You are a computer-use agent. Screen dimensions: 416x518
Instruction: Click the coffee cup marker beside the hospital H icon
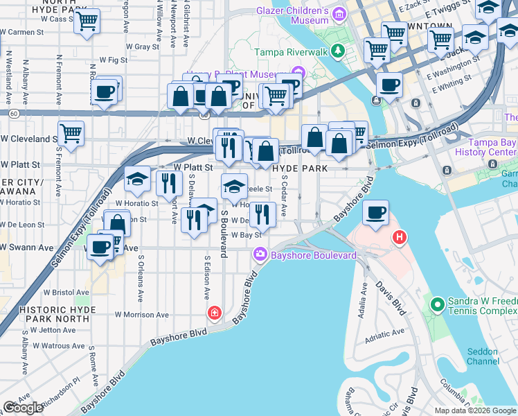point(375,214)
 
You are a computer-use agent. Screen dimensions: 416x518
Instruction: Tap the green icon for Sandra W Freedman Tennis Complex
point(437,304)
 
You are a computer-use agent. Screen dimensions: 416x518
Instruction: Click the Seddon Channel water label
point(482,356)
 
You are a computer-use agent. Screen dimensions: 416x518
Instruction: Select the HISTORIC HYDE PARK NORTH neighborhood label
point(54,313)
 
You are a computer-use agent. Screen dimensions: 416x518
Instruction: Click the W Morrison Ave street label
point(143,314)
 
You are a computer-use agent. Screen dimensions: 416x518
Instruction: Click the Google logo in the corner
point(23,408)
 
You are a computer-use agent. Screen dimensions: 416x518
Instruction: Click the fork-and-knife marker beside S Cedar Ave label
point(261,215)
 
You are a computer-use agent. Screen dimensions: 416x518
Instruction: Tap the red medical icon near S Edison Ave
point(215,314)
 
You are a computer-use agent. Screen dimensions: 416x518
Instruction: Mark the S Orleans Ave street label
point(140,278)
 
